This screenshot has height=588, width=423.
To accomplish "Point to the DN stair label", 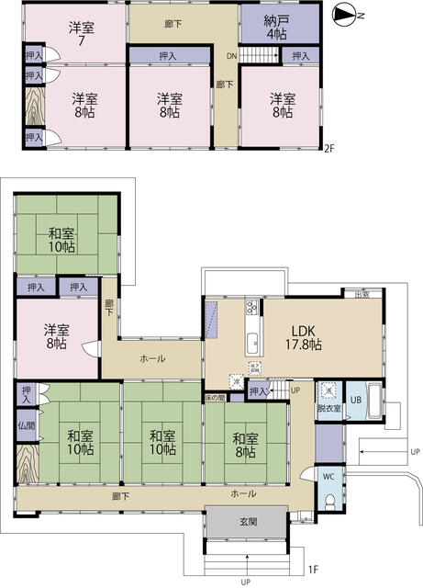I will pos(233,56).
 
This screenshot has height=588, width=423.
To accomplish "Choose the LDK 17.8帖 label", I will pos(306,338).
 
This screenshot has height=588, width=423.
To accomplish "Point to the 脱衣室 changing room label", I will pos(328,407).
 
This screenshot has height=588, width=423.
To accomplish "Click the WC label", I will pos(328,476).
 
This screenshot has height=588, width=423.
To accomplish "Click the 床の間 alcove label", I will pos(216,398).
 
